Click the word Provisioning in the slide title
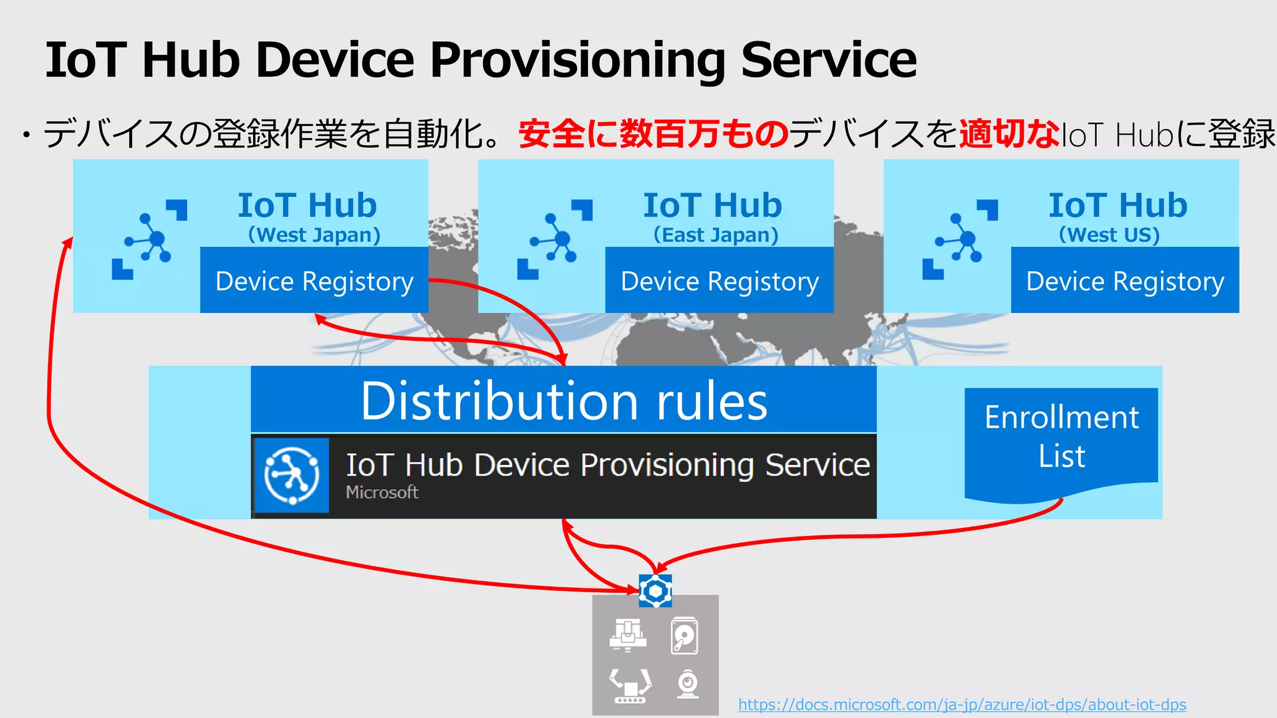click(x=577, y=60)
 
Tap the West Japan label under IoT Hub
click(x=314, y=235)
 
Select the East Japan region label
click(x=716, y=235)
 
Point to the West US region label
click(x=1109, y=235)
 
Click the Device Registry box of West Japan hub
click(x=314, y=280)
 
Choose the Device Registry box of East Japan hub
click(x=720, y=280)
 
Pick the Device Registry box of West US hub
click(x=1125, y=280)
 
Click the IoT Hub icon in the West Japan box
click(x=149, y=239)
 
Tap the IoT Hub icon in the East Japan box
click(x=554, y=239)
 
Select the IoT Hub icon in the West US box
click(x=960, y=239)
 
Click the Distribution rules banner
click(x=564, y=400)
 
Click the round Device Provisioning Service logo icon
click(x=291, y=476)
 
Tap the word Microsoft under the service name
click(x=382, y=492)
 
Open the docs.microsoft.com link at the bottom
click(x=962, y=705)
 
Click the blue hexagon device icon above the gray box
click(x=655, y=591)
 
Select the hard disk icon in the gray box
click(x=684, y=636)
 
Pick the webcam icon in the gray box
click(x=688, y=684)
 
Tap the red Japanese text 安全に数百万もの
click(x=653, y=133)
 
